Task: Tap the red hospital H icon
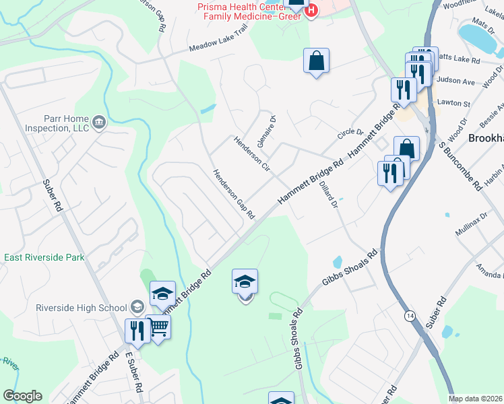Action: click(311, 11)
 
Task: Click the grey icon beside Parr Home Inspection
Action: click(99, 122)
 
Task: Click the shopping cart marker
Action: click(159, 327)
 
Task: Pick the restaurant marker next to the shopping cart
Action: click(137, 330)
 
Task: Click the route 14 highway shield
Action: click(410, 315)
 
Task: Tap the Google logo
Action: click(22, 396)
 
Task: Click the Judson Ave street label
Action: click(455, 81)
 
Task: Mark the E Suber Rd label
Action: click(134, 372)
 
